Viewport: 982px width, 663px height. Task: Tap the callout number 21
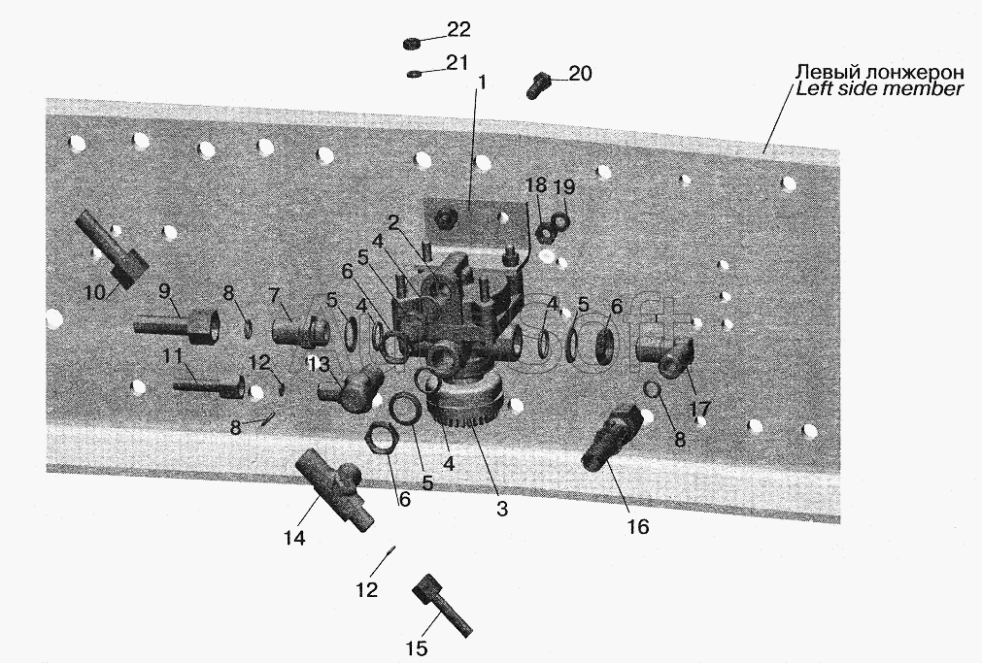pos(457,62)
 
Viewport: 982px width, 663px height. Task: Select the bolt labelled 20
pos(537,84)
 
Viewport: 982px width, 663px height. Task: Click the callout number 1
pos(479,84)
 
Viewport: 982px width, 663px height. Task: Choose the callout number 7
pos(275,293)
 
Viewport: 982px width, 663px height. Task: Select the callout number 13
pos(319,364)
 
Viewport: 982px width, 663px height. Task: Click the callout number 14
pos(294,537)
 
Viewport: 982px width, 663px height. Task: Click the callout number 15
pos(416,649)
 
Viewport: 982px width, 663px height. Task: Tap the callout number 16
pos(637,527)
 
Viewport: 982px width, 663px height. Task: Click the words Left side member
pos(878,89)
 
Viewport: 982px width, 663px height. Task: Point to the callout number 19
pos(564,185)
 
